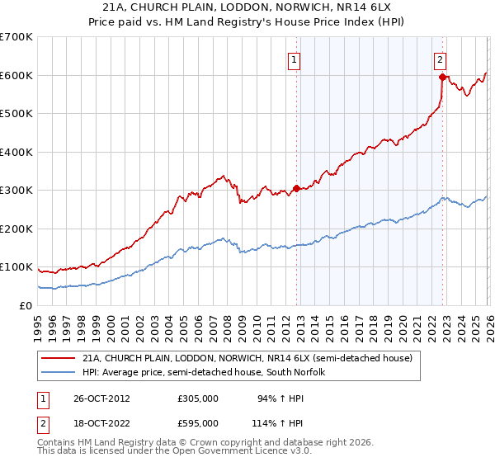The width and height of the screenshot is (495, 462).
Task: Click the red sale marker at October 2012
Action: coord(297,188)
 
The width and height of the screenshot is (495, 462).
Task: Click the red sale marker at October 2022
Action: coord(442,78)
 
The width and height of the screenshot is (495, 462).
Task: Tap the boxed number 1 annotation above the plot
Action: coord(295,59)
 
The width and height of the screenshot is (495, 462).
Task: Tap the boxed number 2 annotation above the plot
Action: coord(441,59)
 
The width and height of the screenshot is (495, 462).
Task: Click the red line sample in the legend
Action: coord(59,359)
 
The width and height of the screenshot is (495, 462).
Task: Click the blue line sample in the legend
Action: coord(59,373)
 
